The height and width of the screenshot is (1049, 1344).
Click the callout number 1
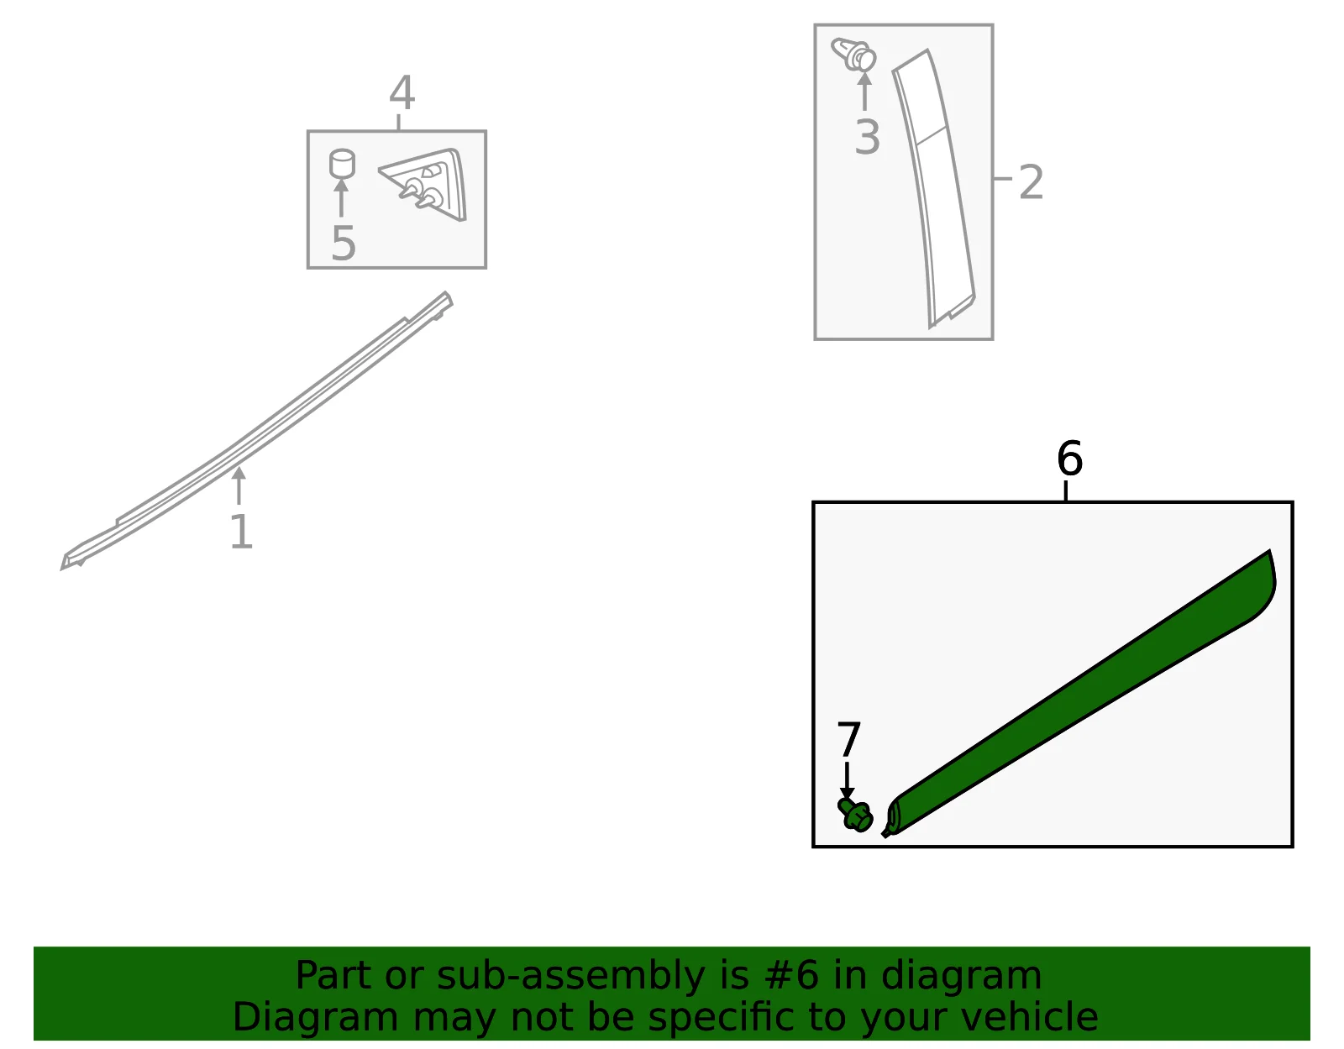click(241, 531)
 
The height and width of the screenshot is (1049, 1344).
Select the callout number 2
click(1031, 181)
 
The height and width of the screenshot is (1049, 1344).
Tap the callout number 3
click(867, 137)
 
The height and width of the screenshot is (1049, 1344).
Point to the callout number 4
click(402, 92)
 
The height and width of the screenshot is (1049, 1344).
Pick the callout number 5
click(344, 243)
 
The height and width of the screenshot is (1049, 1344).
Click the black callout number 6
click(1070, 459)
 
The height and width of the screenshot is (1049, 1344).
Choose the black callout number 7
click(848, 739)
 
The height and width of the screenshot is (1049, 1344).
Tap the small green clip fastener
click(855, 815)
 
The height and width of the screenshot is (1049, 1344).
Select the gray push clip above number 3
click(853, 54)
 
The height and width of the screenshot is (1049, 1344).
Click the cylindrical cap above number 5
click(342, 163)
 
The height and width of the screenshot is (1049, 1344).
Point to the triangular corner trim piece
click(427, 184)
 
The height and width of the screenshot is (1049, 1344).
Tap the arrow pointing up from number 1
click(239, 485)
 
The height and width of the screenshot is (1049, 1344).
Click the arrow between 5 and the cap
click(341, 197)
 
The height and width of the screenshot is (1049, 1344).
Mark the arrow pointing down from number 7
click(848, 781)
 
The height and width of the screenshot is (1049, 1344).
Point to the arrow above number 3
click(864, 91)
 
